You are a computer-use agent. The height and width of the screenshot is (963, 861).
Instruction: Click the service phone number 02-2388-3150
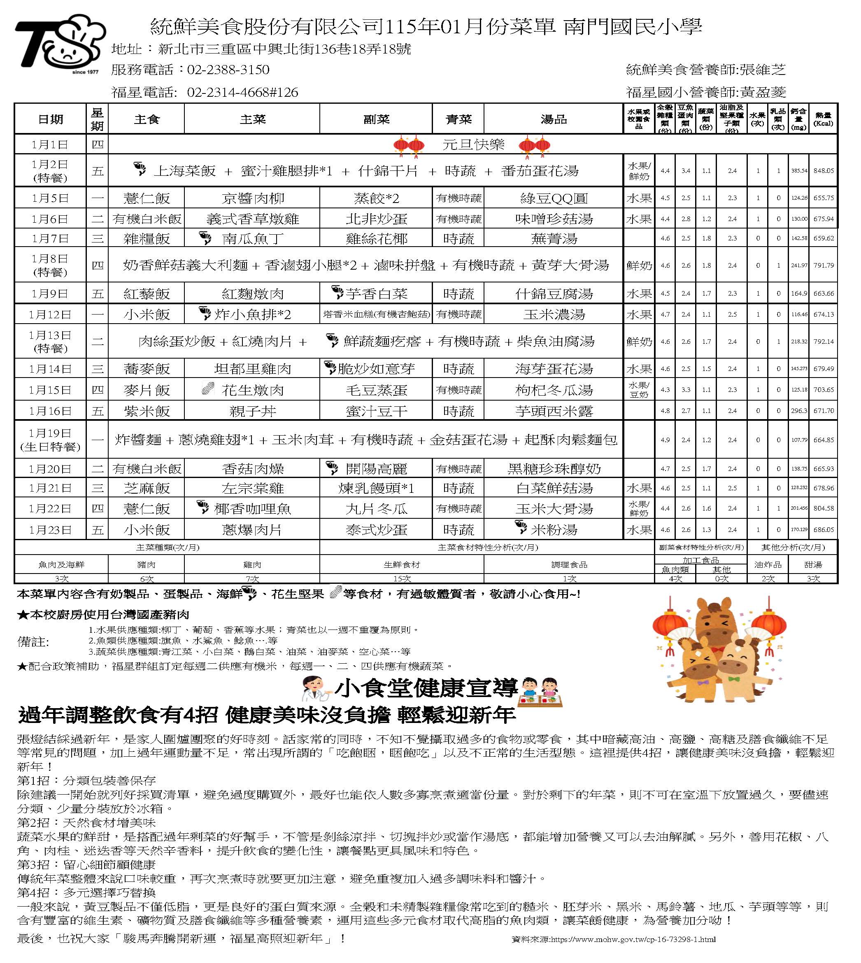[228, 70]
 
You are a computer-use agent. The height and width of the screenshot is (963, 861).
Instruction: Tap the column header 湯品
[553, 120]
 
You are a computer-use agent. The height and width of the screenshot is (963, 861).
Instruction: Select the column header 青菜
[458, 120]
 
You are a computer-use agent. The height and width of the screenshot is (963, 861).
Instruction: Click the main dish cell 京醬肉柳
[252, 198]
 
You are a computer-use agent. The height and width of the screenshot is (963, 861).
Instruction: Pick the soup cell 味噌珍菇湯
[553, 219]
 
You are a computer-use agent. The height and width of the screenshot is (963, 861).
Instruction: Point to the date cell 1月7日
[50, 238]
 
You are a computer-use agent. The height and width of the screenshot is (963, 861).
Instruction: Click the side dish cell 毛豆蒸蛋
[376, 390]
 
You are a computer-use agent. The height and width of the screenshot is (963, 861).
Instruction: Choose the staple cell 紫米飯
[146, 411]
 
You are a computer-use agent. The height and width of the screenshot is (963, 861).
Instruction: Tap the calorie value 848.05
[823, 171]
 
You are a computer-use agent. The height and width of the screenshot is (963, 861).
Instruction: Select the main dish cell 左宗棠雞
[252, 488]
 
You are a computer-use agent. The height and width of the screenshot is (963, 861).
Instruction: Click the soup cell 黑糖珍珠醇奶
[553, 469]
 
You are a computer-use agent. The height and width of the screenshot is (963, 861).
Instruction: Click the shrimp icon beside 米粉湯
[520, 528]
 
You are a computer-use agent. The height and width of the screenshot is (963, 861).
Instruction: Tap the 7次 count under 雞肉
[252, 579]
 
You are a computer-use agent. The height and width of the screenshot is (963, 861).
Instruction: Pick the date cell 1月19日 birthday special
[50, 440]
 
